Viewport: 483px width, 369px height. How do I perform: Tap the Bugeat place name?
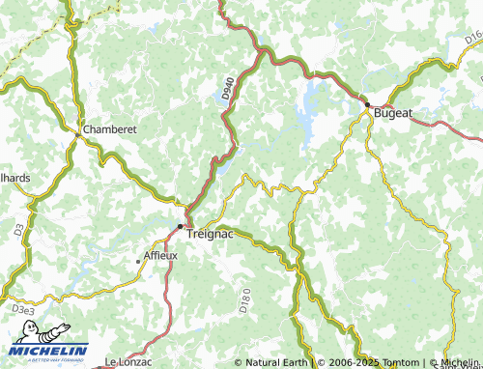394,112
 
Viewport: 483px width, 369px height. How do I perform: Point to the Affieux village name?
160,256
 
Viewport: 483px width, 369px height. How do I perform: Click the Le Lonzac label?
128,361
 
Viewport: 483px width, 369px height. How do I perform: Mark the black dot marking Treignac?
180,226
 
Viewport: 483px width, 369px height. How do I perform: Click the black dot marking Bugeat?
367,103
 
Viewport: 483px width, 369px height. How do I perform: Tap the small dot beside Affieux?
137,261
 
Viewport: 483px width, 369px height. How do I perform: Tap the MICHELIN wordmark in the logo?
50,351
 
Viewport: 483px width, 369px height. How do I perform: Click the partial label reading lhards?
15,178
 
